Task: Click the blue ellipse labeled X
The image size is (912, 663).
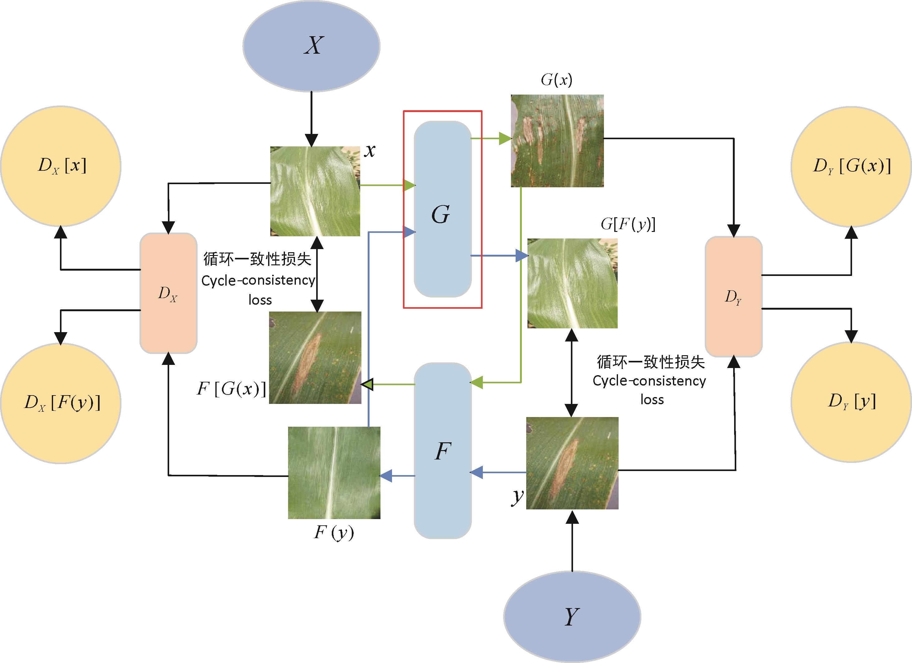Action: (x=311, y=46)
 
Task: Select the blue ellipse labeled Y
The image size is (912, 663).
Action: (x=572, y=616)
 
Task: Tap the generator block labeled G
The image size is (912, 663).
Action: (x=442, y=209)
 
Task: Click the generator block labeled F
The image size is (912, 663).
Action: (x=442, y=450)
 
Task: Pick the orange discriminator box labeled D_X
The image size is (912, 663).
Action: (x=168, y=293)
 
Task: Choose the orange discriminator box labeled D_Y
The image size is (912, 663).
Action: (x=733, y=296)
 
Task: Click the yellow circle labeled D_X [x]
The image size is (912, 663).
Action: (x=61, y=166)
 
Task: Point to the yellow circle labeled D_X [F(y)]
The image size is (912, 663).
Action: (x=61, y=403)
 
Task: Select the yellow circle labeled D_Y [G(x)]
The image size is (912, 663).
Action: (x=851, y=166)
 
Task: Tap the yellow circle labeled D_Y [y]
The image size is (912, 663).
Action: (x=851, y=402)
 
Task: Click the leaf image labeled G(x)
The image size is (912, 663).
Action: (x=557, y=141)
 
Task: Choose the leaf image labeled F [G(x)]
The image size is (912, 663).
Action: (x=315, y=357)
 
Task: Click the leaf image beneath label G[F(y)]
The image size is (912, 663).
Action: (x=572, y=283)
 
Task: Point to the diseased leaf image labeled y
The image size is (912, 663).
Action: (x=572, y=463)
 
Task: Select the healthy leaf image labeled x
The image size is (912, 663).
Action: (x=315, y=191)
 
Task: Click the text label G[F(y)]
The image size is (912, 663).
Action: (x=628, y=224)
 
